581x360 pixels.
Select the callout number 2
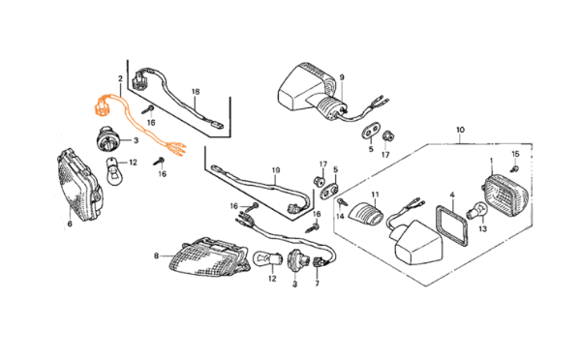tap(120, 79)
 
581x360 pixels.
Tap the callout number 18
tap(196, 92)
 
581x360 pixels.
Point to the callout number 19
tap(276, 170)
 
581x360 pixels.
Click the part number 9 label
tap(342, 77)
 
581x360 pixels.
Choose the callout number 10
tap(460, 130)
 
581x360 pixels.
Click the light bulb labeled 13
tap(477, 212)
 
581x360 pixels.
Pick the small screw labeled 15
tap(514, 169)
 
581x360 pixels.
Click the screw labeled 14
tap(342, 202)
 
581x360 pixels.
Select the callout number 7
tap(317, 284)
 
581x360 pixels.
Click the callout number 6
tap(70, 224)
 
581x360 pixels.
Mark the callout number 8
tap(156, 255)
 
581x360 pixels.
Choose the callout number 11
tap(375, 195)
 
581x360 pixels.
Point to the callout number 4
tap(452, 195)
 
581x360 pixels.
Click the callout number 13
tap(482, 229)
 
